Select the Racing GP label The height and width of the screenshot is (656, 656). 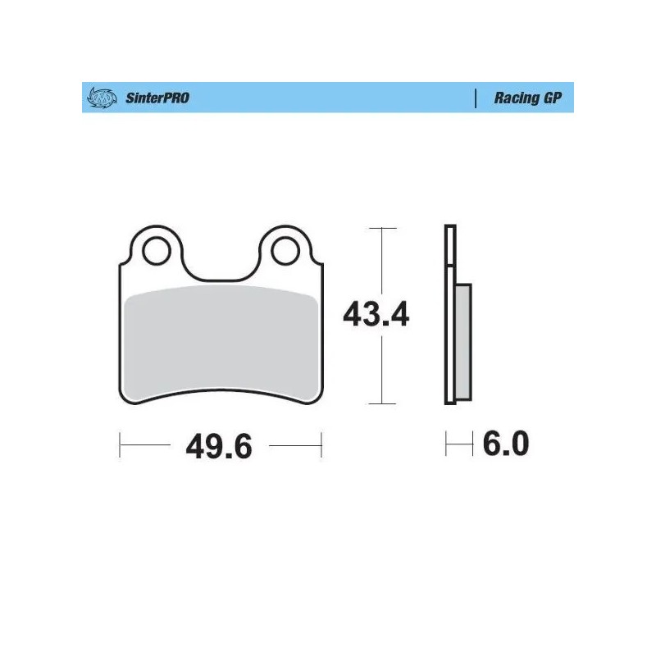tap(527, 98)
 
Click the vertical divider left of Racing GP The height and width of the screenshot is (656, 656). tap(476, 98)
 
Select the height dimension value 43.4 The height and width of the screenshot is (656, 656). tap(376, 315)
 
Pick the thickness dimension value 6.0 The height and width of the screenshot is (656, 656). tap(506, 444)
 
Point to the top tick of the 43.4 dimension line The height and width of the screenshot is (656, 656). tap(382, 227)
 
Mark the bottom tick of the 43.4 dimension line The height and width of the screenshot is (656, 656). tap(382, 403)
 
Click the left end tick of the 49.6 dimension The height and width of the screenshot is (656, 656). tap(120, 446)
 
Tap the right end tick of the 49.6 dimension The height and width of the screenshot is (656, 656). tap(321, 446)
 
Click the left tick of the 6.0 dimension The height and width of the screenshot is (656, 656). tap(446, 445)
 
